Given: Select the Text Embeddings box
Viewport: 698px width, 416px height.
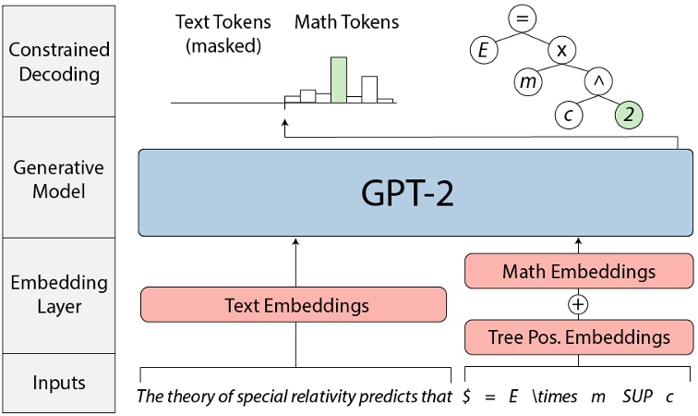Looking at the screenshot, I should pos(293,303).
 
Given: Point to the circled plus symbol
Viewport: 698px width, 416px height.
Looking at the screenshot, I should pos(578,303).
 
